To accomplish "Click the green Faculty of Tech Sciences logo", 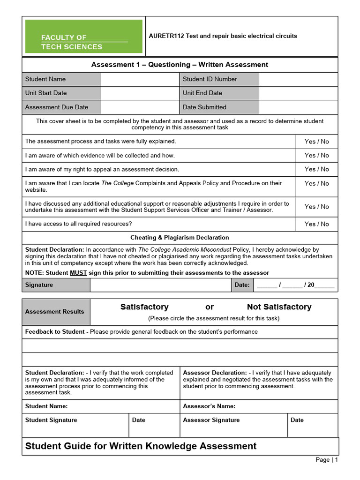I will tap(83, 37).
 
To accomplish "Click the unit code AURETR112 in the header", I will tap(166, 36).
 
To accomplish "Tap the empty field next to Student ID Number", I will tap(298, 79).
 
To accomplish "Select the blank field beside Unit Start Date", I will tap(140, 93).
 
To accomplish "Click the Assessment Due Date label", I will tap(57, 107).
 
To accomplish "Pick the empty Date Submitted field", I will tap(298, 107).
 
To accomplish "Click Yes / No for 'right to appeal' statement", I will tap(316, 169).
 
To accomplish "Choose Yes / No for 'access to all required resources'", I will tap(316, 224).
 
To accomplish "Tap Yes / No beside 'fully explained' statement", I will tap(316, 142).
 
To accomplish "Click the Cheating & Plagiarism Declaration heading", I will tap(180, 238).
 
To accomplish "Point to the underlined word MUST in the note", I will tap(78, 273).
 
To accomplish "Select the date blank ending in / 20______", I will tap(295, 285).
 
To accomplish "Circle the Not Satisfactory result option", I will tap(279, 307).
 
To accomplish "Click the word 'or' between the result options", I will tap(210, 307).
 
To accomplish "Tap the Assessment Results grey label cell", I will tap(55, 312).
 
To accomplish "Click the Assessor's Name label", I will tap(209, 406).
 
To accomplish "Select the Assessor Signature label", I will tap(211, 420).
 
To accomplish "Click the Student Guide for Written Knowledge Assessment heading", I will tap(141, 446).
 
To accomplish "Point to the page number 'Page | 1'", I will tap(326, 460).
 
